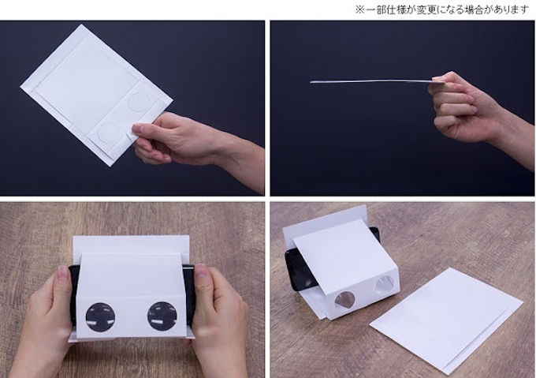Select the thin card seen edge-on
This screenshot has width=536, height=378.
click(370, 80)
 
